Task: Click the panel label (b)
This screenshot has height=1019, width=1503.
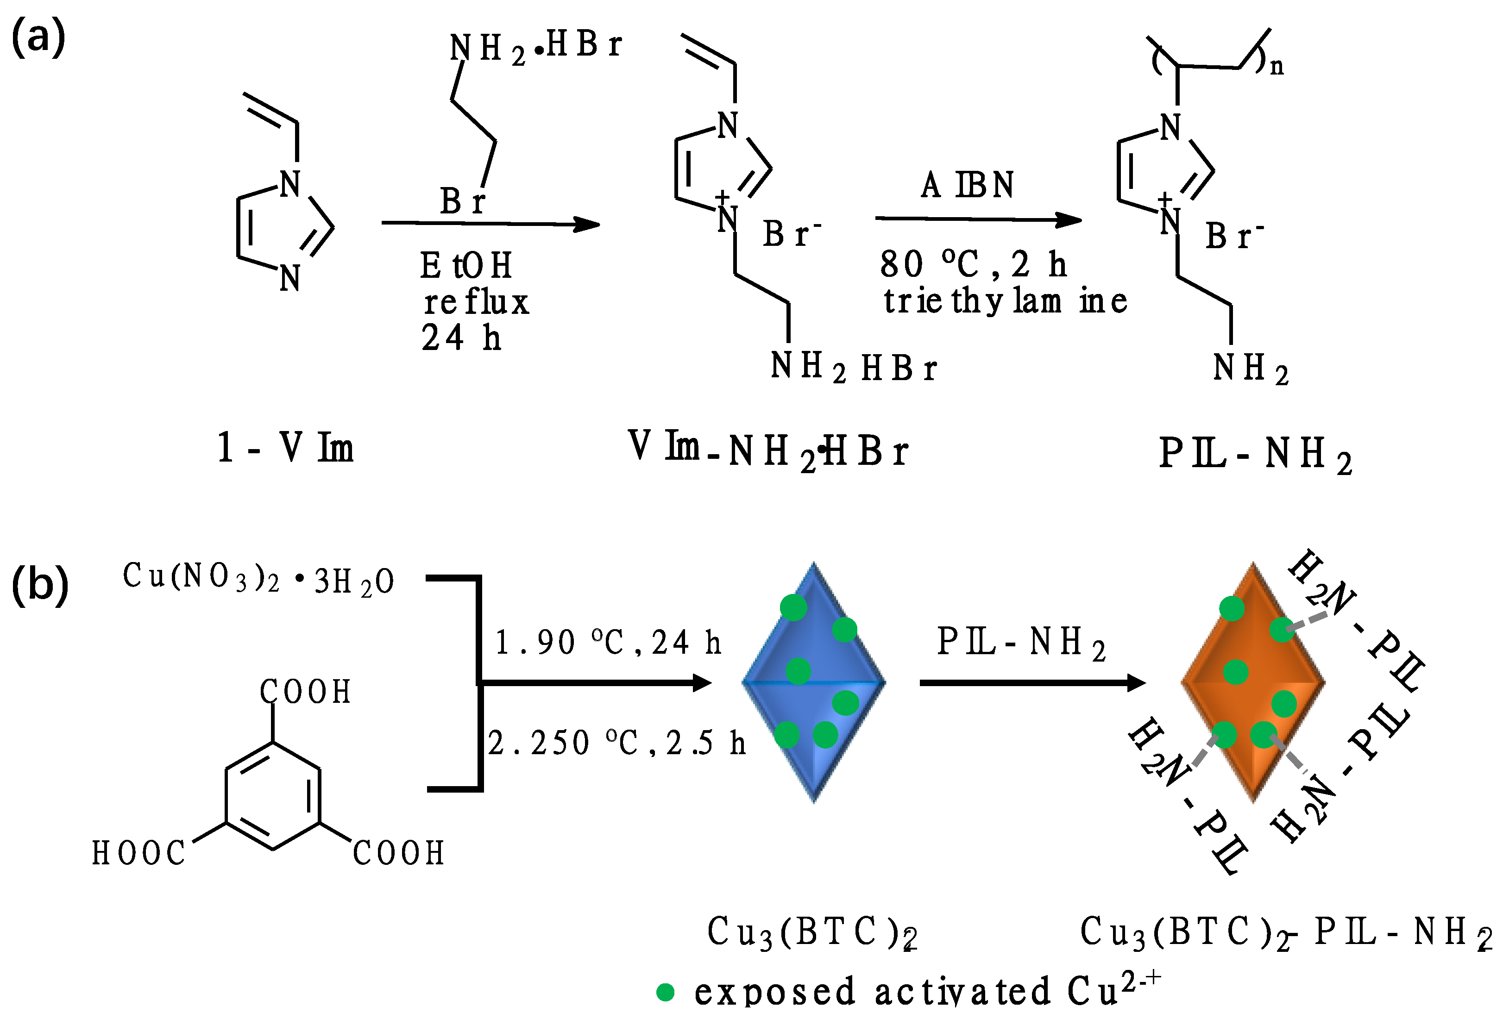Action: click(40, 584)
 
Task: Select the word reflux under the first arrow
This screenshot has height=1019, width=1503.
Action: click(476, 302)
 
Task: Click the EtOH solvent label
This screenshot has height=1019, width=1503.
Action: click(465, 266)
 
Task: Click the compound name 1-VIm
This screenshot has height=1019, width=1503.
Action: click(285, 447)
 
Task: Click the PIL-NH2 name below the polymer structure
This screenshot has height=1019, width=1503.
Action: click(1255, 453)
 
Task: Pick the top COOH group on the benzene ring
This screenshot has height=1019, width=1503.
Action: click(305, 692)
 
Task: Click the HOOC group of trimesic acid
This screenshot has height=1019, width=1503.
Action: click(138, 853)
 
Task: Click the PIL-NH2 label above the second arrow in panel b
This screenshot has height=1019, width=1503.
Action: click(1021, 644)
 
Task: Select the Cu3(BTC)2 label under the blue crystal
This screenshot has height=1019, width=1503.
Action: click(811, 932)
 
